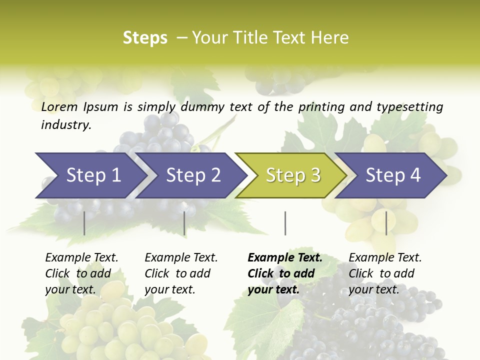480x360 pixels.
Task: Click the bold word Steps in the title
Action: click(145, 38)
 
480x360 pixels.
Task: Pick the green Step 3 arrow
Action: click(290, 175)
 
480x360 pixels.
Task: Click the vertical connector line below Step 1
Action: click(84, 223)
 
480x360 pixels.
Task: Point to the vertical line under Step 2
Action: click(184, 223)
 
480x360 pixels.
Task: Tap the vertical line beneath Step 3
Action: click(285, 223)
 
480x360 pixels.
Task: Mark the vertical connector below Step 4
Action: click(386, 223)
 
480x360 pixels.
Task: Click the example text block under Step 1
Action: click(81, 273)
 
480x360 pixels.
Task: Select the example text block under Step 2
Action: click(181, 273)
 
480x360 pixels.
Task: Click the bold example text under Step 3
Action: click(285, 273)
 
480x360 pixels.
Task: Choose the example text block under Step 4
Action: click(385, 273)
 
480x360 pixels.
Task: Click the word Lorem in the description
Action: click(59, 107)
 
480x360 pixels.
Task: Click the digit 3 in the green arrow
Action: click(315, 175)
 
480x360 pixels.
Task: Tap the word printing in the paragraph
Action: click(320, 107)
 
